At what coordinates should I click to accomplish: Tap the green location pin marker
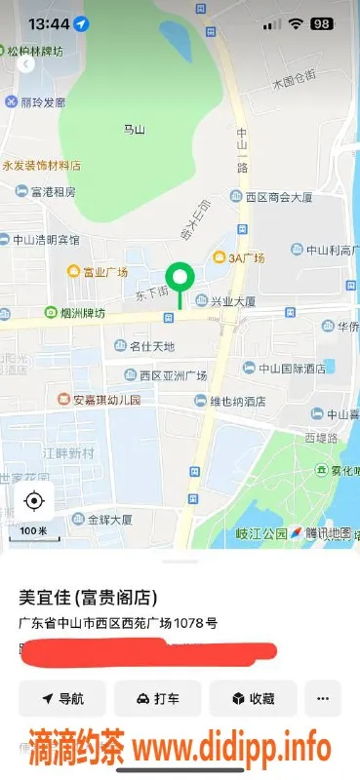tap(179, 278)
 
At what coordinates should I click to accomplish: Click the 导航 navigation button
tap(62, 698)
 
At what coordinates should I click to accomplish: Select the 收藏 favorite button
tap(253, 698)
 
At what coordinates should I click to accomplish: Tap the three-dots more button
tap(323, 698)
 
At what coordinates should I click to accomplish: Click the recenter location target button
tap(34, 501)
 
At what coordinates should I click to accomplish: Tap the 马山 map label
tap(134, 129)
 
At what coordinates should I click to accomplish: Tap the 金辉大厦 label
tap(102, 520)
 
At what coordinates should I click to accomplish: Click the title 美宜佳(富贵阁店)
tap(89, 597)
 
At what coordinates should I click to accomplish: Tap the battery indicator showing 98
tap(323, 23)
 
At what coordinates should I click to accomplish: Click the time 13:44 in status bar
tap(47, 23)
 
